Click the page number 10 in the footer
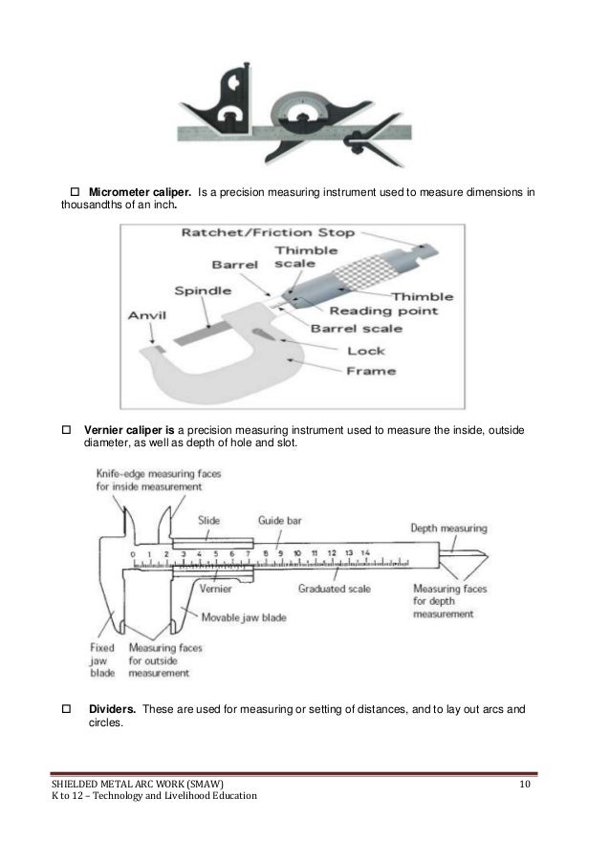tap(524, 784)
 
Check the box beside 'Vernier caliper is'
tap(67, 430)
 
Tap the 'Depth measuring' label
tap(448, 527)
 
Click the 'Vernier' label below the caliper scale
tap(216, 590)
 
